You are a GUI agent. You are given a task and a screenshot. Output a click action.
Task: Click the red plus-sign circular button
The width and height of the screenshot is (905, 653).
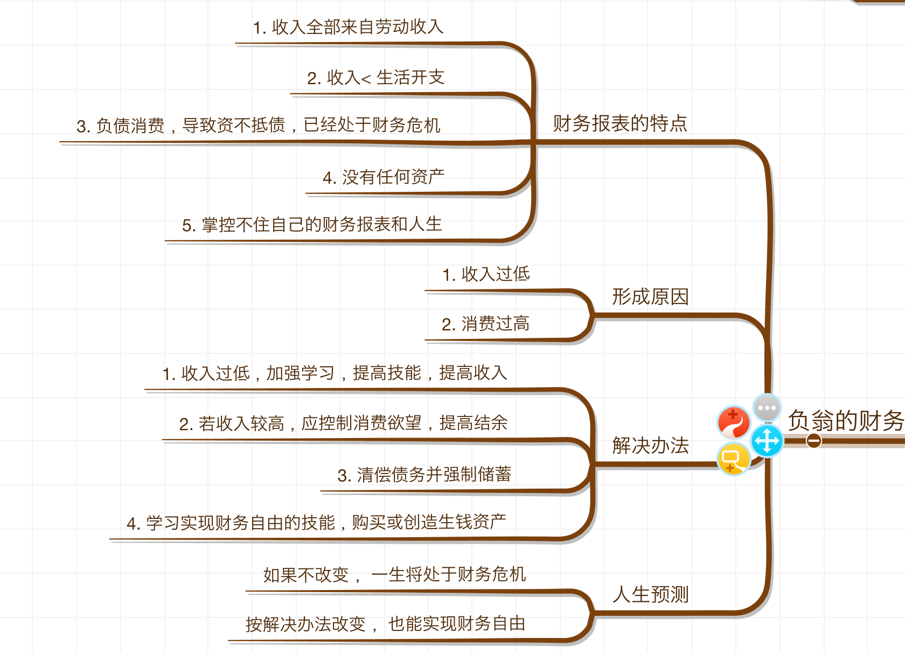click(x=733, y=422)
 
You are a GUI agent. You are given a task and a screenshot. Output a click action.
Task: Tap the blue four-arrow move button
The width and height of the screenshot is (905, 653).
click(x=767, y=441)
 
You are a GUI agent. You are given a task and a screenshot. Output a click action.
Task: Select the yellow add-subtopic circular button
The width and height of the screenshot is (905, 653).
click(x=733, y=459)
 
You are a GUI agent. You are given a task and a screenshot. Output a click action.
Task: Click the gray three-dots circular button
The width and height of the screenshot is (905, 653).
click(x=767, y=408)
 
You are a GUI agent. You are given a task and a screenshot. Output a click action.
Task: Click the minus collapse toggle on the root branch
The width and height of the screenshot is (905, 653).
click(x=813, y=441)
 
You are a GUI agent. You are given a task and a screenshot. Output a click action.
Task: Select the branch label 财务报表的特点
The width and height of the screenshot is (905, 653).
click(x=620, y=123)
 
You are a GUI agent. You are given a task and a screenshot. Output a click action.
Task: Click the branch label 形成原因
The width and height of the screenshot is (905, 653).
click(x=650, y=297)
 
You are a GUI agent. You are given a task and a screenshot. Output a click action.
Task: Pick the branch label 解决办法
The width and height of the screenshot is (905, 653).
click(x=650, y=446)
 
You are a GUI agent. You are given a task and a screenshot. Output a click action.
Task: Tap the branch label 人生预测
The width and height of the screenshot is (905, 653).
click(x=650, y=594)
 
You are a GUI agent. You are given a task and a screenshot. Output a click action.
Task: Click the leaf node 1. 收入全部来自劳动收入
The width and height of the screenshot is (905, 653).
click(x=348, y=27)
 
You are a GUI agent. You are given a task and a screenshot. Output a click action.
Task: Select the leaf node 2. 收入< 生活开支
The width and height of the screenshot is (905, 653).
click(x=375, y=78)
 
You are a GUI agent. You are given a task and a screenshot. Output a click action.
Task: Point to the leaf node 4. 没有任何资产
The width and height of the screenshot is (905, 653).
click(x=384, y=177)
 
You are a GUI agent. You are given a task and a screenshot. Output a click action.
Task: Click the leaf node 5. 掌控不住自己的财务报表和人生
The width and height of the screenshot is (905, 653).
click(x=312, y=225)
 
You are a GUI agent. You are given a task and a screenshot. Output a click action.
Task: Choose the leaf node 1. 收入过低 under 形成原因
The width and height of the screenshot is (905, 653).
click(x=486, y=274)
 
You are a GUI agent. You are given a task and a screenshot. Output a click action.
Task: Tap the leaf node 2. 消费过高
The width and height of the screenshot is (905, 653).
click(x=485, y=324)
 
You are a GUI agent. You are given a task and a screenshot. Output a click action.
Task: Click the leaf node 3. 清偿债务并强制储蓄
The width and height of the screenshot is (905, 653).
click(x=424, y=475)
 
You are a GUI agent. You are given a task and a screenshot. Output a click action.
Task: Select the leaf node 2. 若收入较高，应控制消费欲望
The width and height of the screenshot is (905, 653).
click(x=343, y=423)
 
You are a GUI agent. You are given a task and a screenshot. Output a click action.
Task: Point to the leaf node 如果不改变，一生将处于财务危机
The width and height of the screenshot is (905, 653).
click(x=394, y=575)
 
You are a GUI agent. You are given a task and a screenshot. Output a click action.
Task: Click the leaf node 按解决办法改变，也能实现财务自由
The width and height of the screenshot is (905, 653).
click(x=385, y=624)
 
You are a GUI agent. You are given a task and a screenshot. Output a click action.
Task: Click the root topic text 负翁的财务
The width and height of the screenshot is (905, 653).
click(x=845, y=421)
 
